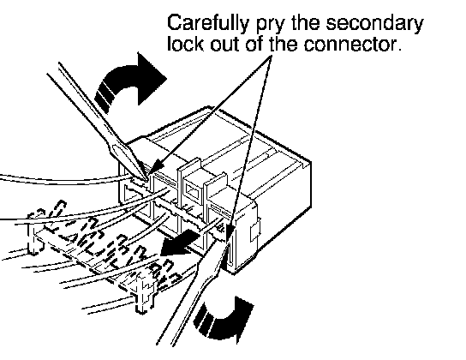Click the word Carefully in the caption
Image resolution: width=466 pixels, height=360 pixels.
[208, 23]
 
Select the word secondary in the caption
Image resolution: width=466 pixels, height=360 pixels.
[374, 23]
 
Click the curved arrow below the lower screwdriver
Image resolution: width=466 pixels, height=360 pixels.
[224, 321]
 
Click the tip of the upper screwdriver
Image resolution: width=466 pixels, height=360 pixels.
[146, 179]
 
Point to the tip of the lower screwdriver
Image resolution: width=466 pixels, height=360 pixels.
[229, 245]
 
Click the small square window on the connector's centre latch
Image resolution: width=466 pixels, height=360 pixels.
[192, 190]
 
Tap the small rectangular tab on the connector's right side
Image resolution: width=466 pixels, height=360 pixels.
[255, 231]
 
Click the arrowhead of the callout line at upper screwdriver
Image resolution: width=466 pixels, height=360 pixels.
[158, 167]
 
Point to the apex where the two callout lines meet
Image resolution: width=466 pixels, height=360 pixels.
[271, 57]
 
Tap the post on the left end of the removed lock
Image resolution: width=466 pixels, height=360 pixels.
[33, 235]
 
